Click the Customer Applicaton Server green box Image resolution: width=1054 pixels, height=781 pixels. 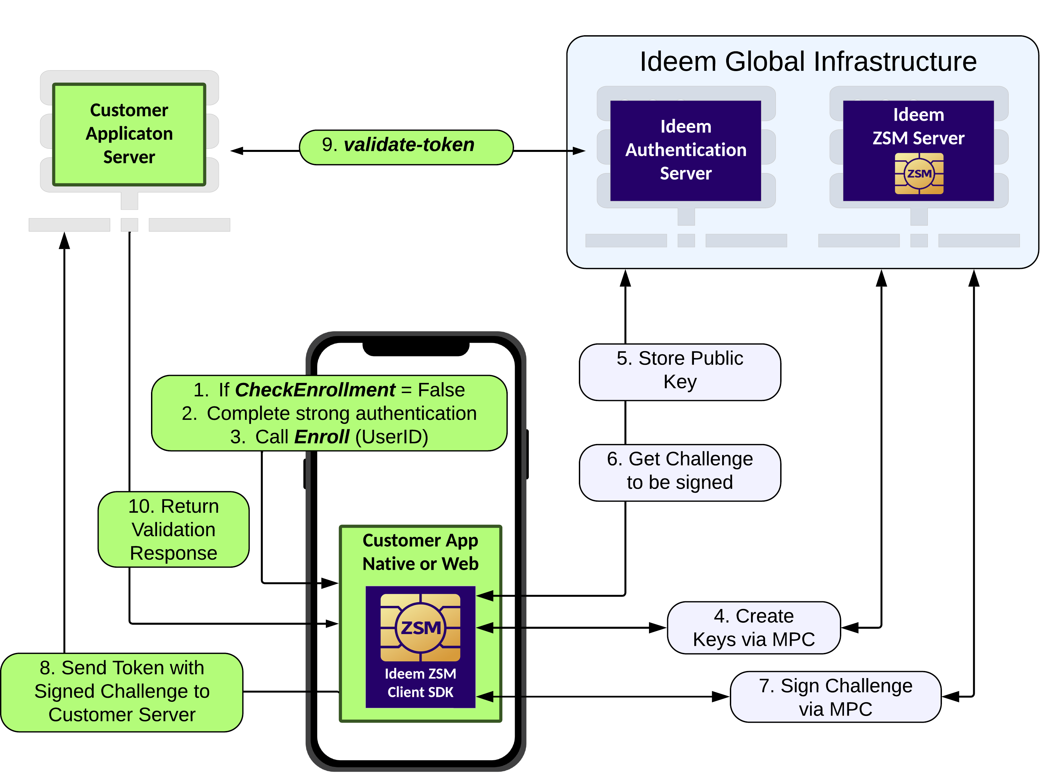(x=129, y=134)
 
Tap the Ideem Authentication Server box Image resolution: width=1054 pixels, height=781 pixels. (x=686, y=150)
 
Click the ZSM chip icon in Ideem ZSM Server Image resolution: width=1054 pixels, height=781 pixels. (x=919, y=173)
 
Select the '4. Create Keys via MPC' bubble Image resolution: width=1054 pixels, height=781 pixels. (x=754, y=627)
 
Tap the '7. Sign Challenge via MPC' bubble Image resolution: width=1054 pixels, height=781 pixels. (x=836, y=697)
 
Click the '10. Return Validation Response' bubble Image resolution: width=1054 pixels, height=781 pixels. (x=173, y=529)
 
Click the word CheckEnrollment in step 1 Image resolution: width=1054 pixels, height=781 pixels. (x=315, y=390)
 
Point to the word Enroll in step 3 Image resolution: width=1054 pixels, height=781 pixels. (x=322, y=437)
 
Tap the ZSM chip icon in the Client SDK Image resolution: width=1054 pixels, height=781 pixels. (x=420, y=627)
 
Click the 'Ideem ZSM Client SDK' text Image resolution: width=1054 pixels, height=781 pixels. (x=420, y=683)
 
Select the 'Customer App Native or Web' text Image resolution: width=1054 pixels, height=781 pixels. (x=420, y=552)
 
